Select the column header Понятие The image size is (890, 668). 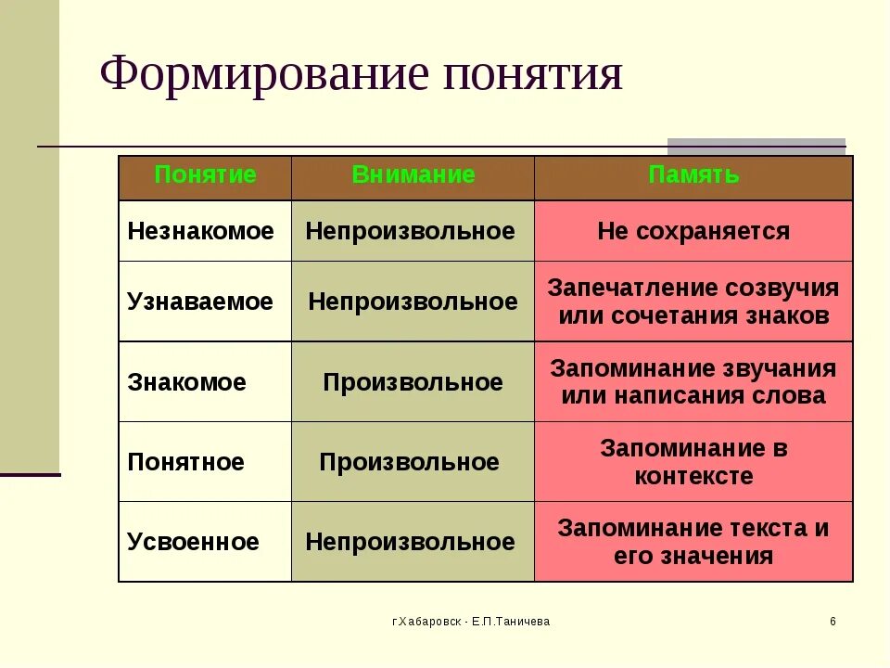tap(205, 175)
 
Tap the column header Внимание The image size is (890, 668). tap(413, 175)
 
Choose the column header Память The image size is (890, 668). tap(693, 175)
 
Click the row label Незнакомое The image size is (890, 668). tap(200, 231)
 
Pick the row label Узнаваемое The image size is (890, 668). tap(200, 302)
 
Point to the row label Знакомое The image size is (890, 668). tap(186, 382)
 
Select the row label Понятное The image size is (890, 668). tap(185, 462)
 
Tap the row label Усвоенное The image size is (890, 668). tap(193, 542)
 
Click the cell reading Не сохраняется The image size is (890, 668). tap(693, 231)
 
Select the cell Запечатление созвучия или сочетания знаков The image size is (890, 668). tap(693, 302)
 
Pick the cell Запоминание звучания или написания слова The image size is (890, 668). tap(693, 382)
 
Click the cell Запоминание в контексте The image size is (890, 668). tap(693, 462)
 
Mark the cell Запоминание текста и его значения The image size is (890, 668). tap(693, 542)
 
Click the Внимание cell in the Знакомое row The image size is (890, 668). tap(413, 382)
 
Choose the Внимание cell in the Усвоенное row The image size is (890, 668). tap(410, 542)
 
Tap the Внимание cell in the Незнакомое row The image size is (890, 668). tap(410, 231)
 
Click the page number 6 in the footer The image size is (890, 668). tap(833, 622)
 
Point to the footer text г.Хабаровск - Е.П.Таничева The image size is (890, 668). tap(470, 622)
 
